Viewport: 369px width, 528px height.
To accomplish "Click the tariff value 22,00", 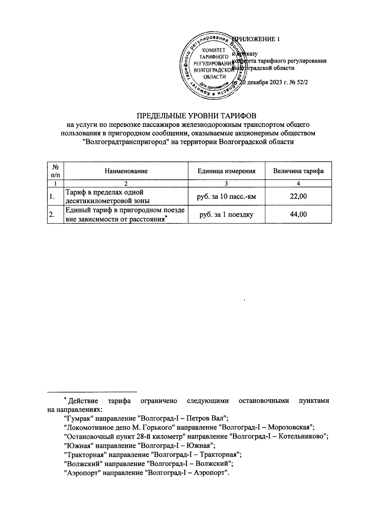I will pos(298,196).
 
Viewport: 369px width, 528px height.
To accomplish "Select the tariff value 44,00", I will pos(298,214).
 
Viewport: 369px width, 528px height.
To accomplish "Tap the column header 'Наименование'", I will pos(126,171).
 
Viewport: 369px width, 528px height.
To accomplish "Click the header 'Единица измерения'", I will pos(227,171).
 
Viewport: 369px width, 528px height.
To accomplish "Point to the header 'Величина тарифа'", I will pos(298,171).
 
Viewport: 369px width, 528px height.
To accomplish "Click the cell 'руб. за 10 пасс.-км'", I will pos(227,196).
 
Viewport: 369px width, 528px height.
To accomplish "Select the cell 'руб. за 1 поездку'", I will pos(227,214).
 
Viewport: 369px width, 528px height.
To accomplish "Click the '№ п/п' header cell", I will pos(55,171).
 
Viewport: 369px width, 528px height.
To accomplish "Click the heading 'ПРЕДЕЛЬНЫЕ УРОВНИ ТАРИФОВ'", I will pos(196,116).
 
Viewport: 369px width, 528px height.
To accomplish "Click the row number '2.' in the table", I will pos(52,215).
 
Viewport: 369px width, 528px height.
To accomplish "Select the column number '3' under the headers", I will pos(227,183).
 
